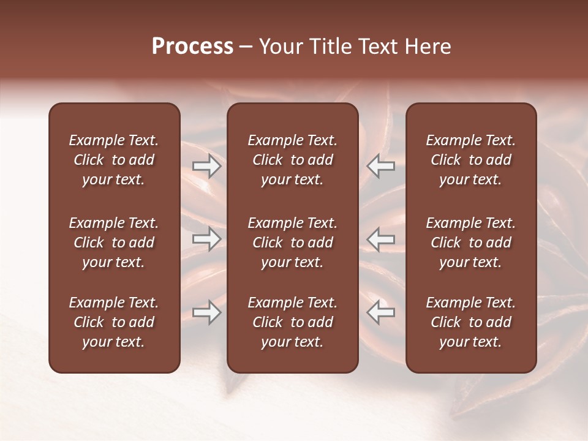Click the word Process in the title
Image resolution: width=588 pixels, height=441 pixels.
click(x=192, y=47)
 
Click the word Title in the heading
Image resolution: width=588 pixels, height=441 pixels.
click(x=329, y=47)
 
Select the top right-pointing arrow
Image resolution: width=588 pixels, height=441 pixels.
click(x=207, y=166)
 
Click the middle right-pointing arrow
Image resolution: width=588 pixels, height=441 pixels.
click(x=207, y=239)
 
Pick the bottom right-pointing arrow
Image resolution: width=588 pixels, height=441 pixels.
click(x=207, y=312)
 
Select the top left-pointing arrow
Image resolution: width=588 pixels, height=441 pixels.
click(x=381, y=166)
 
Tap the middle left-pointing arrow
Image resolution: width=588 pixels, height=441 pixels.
click(x=381, y=239)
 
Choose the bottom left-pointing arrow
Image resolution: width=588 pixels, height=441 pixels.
click(x=381, y=312)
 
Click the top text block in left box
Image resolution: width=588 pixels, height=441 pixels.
click(x=114, y=160)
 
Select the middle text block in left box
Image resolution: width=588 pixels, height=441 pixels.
click(x=114, y=243)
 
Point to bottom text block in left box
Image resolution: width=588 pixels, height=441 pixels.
click(x=114, y=322)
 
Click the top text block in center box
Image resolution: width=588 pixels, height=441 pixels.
click(x=292, y=160)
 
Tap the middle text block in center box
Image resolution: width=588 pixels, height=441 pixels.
click(x=292, y=243)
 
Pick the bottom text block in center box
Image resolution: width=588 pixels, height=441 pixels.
click(x=292, y=322)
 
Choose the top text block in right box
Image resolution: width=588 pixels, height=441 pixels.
click(x=470, y=160)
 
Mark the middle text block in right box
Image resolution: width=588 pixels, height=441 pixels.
click(x=470, y=243)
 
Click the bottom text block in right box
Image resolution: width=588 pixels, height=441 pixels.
click(x=470, y=322)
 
